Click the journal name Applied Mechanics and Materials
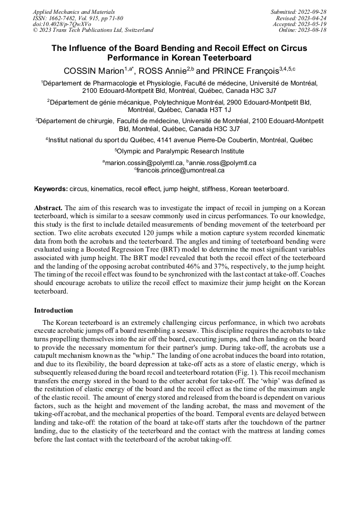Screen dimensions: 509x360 (74, 12)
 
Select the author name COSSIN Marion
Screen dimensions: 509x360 (93, 71)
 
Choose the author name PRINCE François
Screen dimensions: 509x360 (245, 71)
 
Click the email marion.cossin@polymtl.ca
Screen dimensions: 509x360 (144, 163)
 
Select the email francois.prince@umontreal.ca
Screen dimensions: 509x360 (181, 170)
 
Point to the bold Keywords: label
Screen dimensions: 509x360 (51, 189)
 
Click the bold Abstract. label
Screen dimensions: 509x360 (48, 208)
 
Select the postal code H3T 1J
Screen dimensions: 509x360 (218, 109)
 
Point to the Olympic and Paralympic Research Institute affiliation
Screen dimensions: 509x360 (179, 151)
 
